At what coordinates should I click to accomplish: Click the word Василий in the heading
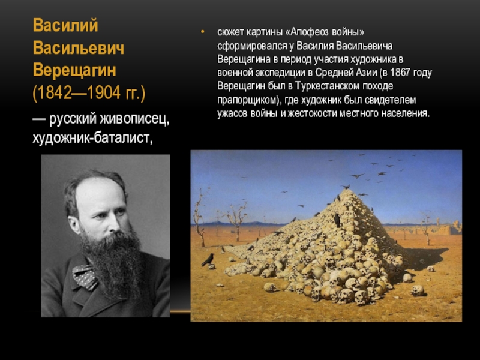65,25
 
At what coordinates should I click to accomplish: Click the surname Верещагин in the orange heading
74,70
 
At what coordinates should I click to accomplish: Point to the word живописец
134,119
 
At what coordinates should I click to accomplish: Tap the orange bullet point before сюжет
202,32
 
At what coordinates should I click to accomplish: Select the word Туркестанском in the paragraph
328,86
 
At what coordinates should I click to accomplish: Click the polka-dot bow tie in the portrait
85,277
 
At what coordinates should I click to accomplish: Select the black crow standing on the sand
208,260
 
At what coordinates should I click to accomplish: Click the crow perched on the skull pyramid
337,220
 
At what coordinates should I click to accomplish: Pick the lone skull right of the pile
418,290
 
